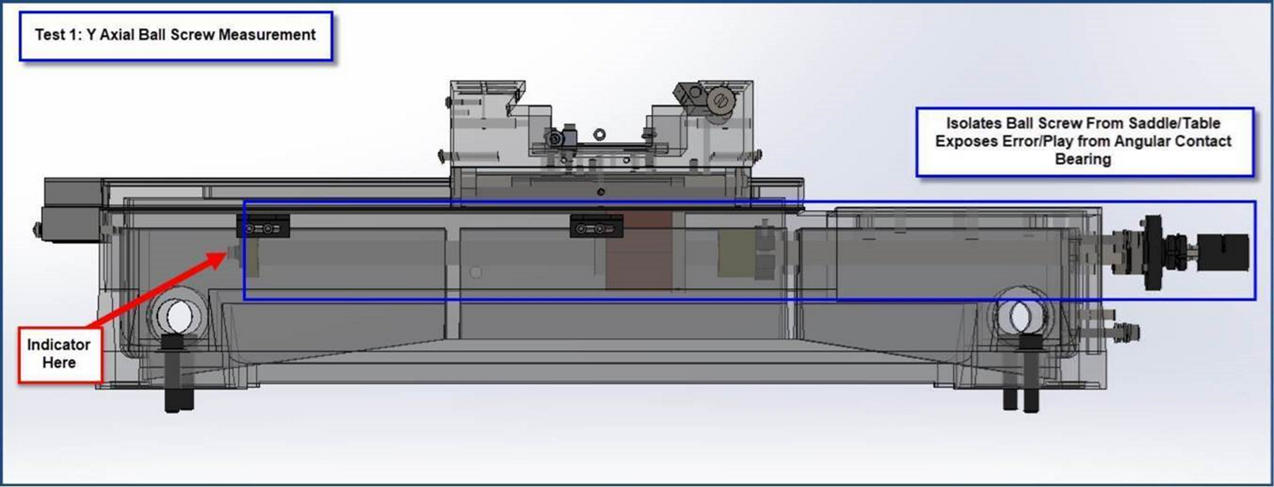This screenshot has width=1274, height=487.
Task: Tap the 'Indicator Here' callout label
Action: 60,354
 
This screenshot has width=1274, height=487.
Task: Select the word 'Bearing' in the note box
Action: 1083,159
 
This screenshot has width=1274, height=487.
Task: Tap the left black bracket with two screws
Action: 263,226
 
